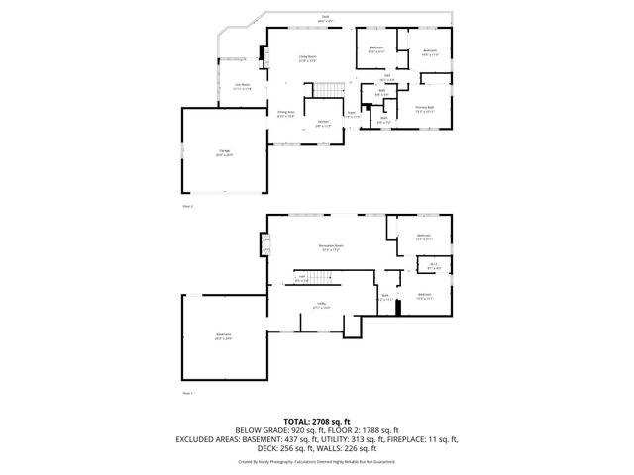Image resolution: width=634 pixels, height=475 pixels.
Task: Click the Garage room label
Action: (x=224, y=151)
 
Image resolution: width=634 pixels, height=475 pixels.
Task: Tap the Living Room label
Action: (x=308, y=58)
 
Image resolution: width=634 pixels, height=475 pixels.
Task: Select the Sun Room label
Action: (x=242, y=86)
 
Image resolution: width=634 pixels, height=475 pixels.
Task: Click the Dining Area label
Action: (x=286, y=113)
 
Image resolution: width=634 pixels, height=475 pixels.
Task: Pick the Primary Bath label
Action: (x=425, y=110)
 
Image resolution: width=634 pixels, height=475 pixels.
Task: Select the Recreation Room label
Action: (x=330, y=247)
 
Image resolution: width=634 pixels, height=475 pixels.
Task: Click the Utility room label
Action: (x=322, y=305)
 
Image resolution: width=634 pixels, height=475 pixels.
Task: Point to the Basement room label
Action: (x=224, y=335)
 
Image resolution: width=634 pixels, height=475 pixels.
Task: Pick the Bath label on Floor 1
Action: (x=385, y=296)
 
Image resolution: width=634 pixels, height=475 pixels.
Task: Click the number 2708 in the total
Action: (x=328, y=422)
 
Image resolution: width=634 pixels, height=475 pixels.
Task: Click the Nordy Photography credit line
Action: (x=316, y=461)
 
